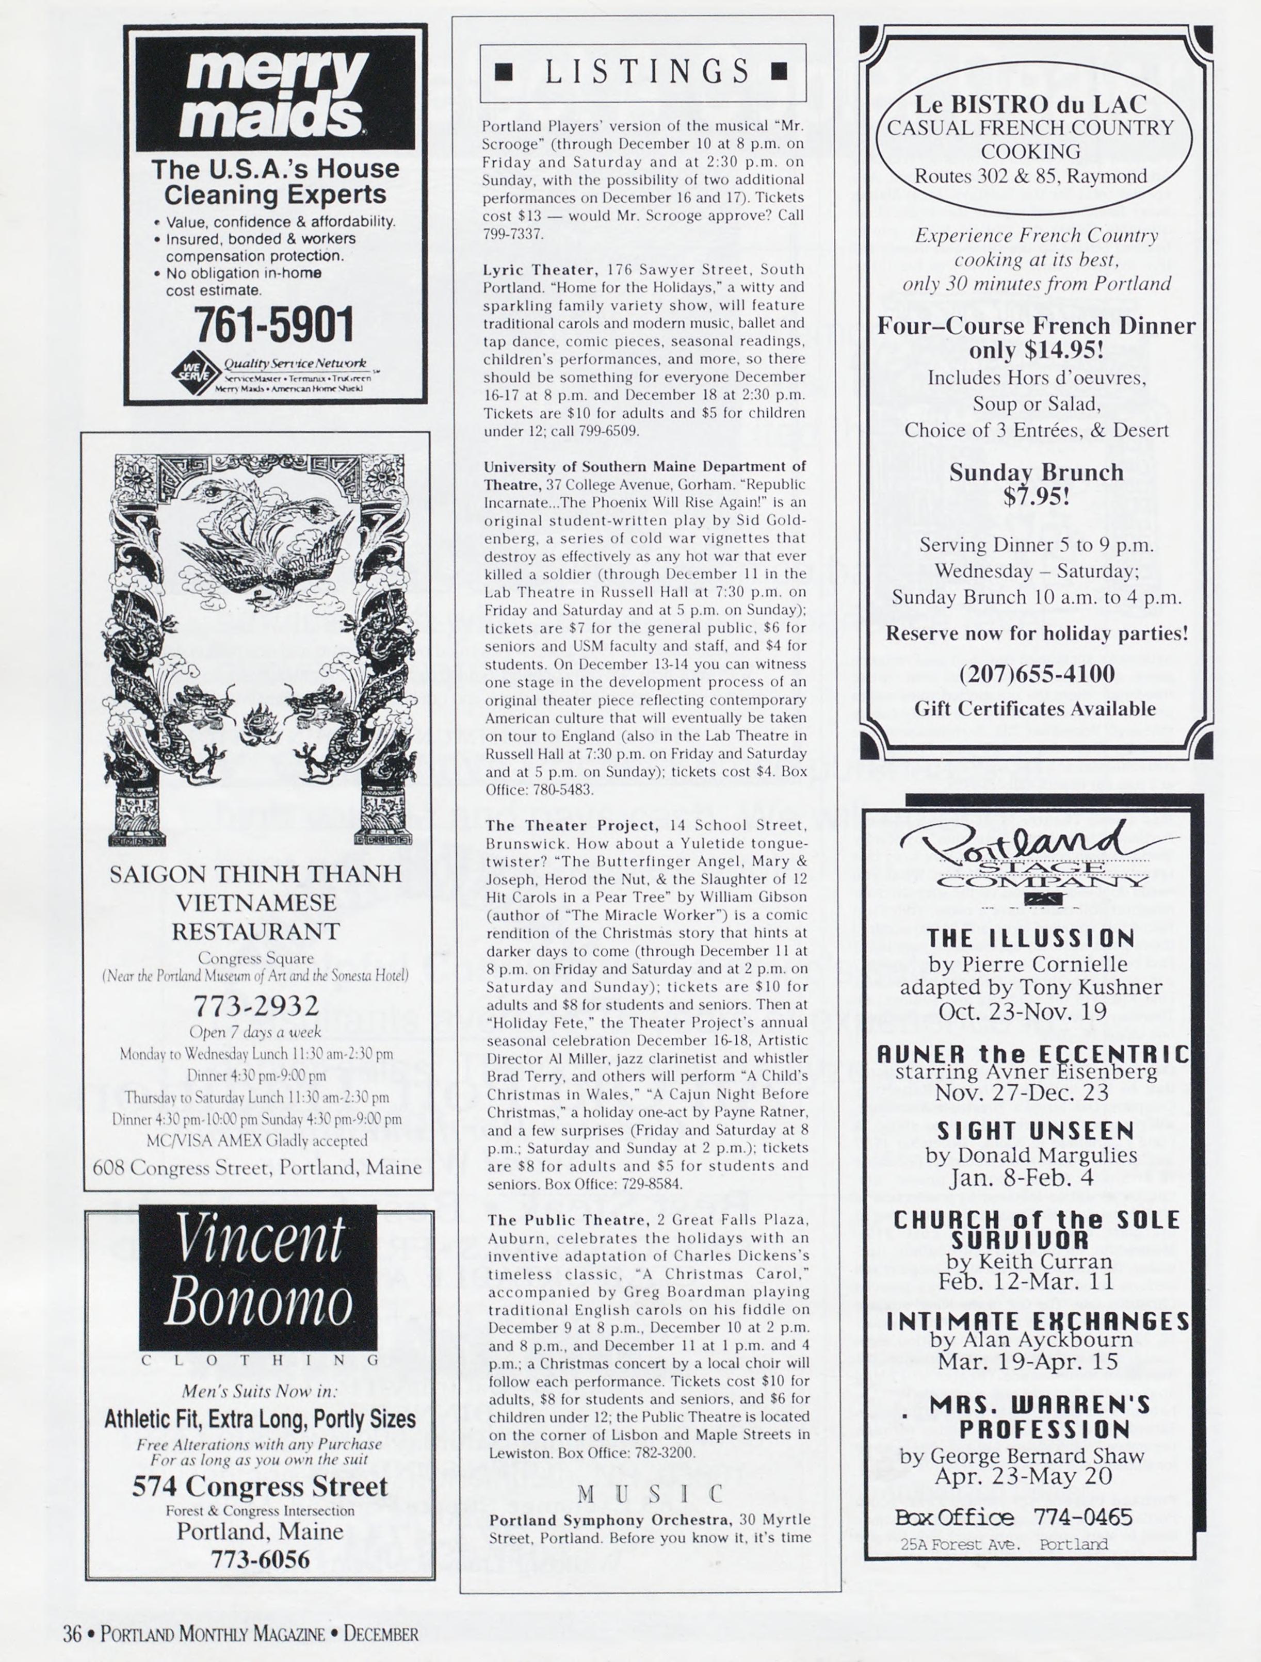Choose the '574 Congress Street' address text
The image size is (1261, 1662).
(x=260, y=1486)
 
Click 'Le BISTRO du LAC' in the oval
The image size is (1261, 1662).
(x=1030, y=104)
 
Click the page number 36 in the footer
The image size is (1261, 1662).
(x=72, y=1634)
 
